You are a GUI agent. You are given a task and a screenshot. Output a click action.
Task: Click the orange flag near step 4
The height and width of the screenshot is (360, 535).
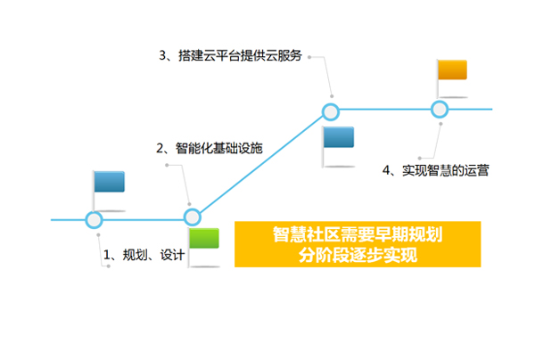[452, 70]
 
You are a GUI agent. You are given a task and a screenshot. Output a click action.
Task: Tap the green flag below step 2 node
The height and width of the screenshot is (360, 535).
[204, 238]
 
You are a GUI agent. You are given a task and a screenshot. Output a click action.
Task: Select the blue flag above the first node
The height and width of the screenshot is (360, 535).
[109, 182]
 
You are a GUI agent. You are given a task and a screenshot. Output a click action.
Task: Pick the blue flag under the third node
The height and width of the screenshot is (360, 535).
[339, 137]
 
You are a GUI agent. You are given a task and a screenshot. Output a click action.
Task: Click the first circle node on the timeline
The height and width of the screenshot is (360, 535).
[94, 220]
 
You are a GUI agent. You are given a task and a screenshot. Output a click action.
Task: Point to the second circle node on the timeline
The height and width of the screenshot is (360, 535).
[192, 217]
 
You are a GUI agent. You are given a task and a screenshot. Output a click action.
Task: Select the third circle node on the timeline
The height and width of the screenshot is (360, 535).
[330, 111]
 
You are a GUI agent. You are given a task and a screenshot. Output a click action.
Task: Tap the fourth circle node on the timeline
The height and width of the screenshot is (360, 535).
[439, 110]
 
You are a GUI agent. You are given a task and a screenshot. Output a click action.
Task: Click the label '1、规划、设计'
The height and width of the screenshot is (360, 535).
[144, 255]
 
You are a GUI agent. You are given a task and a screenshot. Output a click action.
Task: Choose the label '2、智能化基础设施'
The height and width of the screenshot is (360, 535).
[210, 148]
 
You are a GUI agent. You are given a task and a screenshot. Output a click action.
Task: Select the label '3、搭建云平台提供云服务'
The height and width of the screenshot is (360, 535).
[230, 55]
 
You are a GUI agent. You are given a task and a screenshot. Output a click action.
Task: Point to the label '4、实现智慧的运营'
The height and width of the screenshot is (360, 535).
[436, 170]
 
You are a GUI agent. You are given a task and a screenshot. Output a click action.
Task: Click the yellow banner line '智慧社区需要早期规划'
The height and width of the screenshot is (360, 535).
[358, 234]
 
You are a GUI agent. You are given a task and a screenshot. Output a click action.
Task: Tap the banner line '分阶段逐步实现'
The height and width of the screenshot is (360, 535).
[358, 255]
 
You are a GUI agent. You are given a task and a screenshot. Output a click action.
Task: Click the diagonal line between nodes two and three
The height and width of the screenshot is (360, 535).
[261, 164]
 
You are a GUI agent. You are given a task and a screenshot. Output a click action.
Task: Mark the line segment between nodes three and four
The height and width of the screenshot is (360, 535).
[385, 110]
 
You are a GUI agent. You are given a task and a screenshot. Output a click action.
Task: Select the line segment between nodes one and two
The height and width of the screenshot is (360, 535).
[143, 220]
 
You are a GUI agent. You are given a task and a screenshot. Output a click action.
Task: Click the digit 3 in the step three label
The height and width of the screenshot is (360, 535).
[162, 55]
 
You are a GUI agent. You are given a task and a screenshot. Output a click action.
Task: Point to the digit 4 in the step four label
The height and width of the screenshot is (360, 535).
[386, 170]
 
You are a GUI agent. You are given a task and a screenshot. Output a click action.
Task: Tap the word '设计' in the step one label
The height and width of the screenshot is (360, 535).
[173, 255]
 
